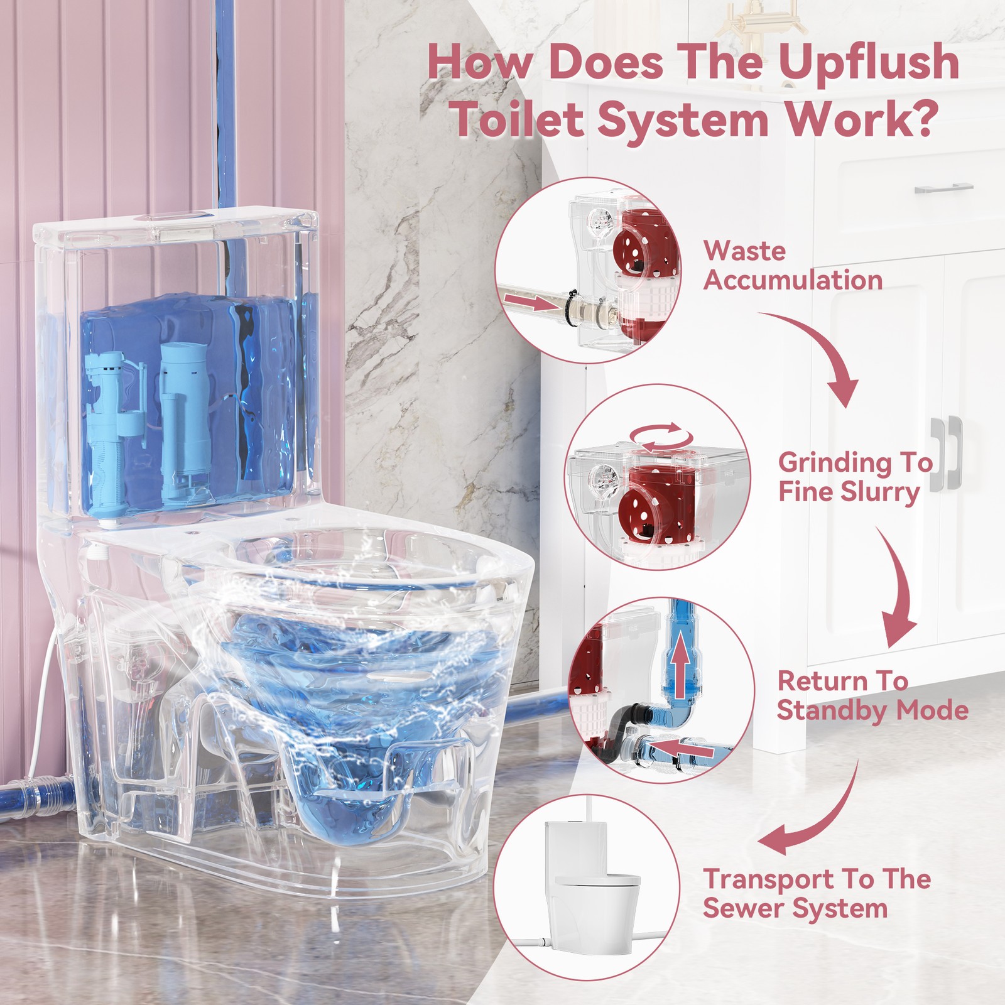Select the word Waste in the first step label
click(x=744, y=251)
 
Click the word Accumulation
click(x=793, y=280)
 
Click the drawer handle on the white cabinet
click(x=943, y=188)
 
